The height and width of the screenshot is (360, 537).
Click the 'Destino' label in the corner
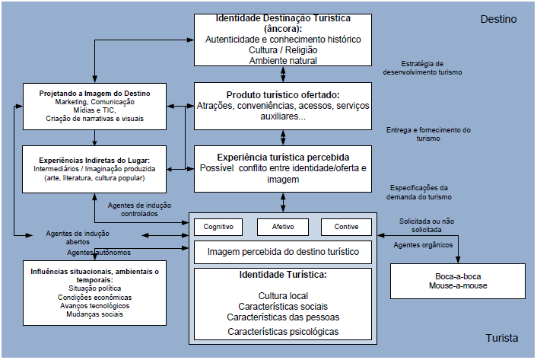pyautogui.click(x=498, y=18)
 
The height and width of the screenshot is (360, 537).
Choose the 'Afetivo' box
pyautogui.click(x=282, y=226)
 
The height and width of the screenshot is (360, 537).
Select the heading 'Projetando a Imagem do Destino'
pyautogui.click(x=95, y=93)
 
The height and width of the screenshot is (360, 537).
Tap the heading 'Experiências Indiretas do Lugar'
pyautogui.click(x=95, y=161)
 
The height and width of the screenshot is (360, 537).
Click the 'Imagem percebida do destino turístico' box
pyautogui.click(x=282, y=251)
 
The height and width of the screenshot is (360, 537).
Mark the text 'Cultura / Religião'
pyautogui.click(x=282, y=49)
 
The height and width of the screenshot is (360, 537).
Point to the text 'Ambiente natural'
pyautogui.click(x=282, y=60)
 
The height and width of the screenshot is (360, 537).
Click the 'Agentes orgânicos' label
pyautogui.click(x=422, y=245)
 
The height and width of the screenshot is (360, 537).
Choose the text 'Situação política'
pyautogui.click(x=95, y=288)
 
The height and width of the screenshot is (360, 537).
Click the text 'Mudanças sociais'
pyautogui.click(x=95, y=314)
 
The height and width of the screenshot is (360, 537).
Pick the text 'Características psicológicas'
pyautogui.click(x=282, y=331)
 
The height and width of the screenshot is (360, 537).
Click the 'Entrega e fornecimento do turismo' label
pyautogui.click(x=428, y=134)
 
